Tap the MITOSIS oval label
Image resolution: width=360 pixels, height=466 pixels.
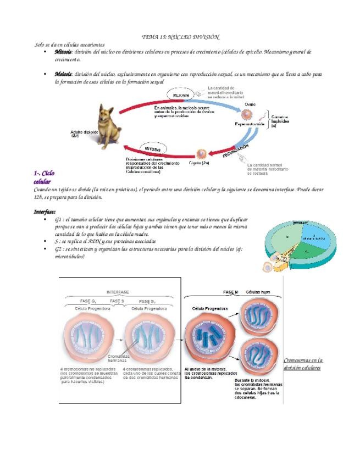153,148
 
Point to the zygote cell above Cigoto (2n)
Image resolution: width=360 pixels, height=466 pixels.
202,154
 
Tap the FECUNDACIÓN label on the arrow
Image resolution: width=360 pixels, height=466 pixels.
236,151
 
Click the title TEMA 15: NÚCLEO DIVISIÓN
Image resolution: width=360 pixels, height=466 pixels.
180,37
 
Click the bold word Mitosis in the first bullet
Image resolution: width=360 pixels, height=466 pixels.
63,52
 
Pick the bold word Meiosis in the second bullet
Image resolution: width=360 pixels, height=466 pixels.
63,74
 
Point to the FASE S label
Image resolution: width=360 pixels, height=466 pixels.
117,301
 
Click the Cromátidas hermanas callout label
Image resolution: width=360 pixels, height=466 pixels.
117,357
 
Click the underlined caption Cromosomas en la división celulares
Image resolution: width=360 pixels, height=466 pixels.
303,364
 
